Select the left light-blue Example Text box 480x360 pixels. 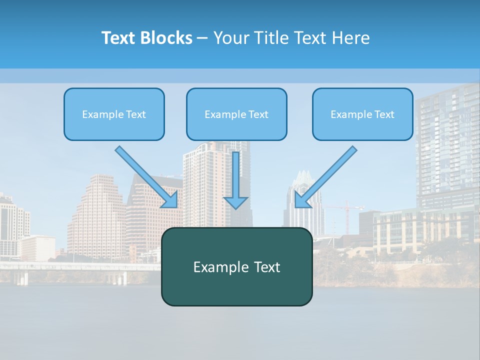point(114,114)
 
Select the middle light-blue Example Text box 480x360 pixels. point(236,114)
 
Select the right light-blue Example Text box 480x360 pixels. point(362,114)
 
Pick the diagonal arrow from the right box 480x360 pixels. point(327,175)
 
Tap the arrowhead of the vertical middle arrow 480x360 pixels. point(236,202)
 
